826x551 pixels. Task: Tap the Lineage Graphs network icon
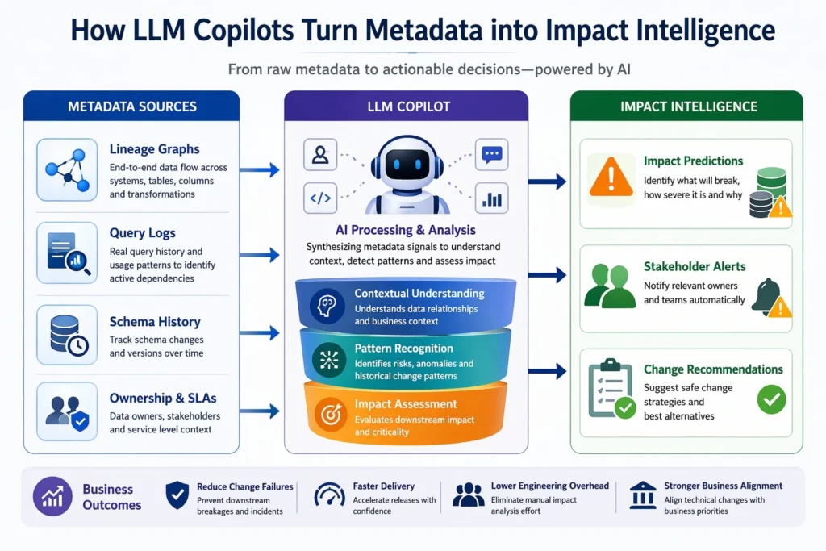point(67,169)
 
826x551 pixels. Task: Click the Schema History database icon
point(67,333)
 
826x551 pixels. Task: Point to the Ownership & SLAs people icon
point(67,411)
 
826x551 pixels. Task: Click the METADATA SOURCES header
point(131,106)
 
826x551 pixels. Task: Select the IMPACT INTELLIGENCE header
point(688,106)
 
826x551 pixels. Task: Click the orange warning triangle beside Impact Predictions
point(611,177)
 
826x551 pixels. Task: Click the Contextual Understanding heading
point(419,294)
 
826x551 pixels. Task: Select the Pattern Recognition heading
point(403,349)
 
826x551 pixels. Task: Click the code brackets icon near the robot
point(320,198)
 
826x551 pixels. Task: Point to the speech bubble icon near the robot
point(491,153)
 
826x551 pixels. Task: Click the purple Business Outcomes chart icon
point(52,496)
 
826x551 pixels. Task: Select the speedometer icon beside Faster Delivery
point(328,495)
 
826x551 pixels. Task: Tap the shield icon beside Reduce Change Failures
point(177,495)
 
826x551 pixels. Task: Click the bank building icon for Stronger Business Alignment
point(642,495)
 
